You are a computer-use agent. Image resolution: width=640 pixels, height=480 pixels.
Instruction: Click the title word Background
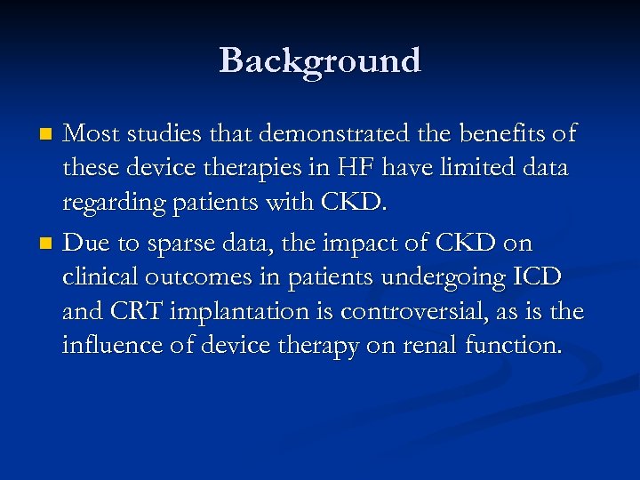[x=320, y=60]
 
